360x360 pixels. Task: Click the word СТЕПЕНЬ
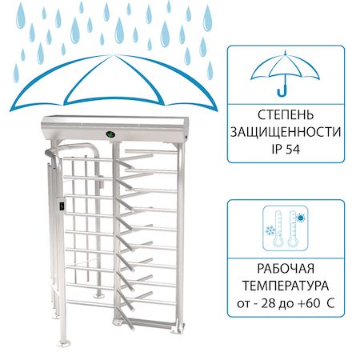click(286, 115)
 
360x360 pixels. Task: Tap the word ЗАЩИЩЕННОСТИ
click(286, 132)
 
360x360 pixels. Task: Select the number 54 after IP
click(293, 149)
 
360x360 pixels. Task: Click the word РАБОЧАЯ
click(286, 269)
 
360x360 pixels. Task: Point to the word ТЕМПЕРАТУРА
click(286, 286)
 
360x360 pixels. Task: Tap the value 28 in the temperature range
click(268, 303)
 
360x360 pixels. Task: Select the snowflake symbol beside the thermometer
click(270, 230)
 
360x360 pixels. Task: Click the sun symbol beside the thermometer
click(301, 218)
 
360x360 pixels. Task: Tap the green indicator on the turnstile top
click(110, 134)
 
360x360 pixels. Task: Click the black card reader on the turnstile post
click(62, 206)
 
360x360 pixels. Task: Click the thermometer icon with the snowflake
click(278, 229)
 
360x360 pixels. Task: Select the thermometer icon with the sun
click(293, 229)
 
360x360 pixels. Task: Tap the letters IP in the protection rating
click(277, 149)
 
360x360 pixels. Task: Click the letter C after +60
click(330, 303)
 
